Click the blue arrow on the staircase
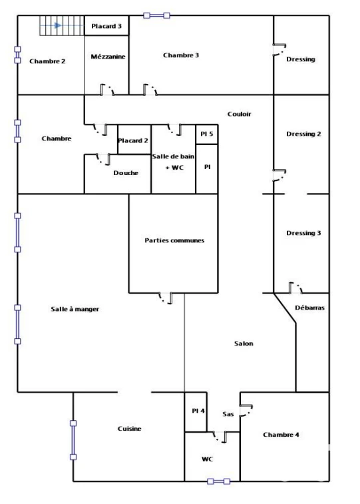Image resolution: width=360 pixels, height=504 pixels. pyautogui.click(x=58, y=25)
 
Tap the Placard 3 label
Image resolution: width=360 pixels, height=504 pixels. pyautogui.click(x=106, y=26)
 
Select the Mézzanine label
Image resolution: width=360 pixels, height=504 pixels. pyautogui.click(x=108, y=57)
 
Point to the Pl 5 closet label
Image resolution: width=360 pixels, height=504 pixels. pyautogui.click(x=206, y=134)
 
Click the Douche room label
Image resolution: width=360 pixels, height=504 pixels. pyautogui.click(x=126, y=173)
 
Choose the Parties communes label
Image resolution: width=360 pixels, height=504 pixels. pyautogui.click(x=174, y=240)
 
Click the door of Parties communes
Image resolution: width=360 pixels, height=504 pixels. pyautogui.click(x=166, y=298)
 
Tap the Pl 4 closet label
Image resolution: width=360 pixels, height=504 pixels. pyautogui.click(x=198, y=411)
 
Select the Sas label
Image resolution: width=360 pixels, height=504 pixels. pyautogui.click(x=228, y=414)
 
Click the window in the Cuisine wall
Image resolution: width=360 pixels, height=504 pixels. pyautogui.click(x=73, y=440)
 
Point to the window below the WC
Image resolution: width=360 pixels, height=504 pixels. pyautogui.click(x=219, y=481)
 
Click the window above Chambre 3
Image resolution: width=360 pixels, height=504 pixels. pyautogui.click(x=157, y=15)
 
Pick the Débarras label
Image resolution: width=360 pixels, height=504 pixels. pyautogui.click(x=309, y=308)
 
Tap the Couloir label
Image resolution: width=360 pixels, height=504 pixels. pyautogui.click(x=240, y=114)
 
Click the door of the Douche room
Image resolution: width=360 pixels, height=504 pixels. pyautogui.click(x=103, y=159)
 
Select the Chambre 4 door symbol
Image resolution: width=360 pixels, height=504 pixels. pyautogui.click(x=247, y=411)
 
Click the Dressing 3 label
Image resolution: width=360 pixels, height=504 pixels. pyautogui.click(x=303, y=233)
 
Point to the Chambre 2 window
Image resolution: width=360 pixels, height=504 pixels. pyautogui.click(x=18, y=55)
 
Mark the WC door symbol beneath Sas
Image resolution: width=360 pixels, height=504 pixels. pyautogui.click(x=220, y=437)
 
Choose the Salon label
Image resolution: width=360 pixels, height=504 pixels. pyautogui.click(x=244, y=344)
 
